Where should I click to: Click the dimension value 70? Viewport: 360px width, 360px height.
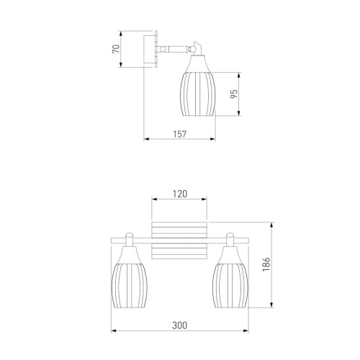[116, 49]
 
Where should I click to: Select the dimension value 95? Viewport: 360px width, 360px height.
[234, 94]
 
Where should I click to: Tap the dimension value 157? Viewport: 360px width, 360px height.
[180, 134]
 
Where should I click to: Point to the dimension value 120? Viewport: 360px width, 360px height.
[180, 194]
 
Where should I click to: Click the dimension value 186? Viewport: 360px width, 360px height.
[266, 264]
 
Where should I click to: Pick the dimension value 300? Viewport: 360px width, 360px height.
[179, 325]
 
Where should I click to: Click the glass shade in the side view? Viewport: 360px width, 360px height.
[198, 86]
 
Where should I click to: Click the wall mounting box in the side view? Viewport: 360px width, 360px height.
[150, 50]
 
